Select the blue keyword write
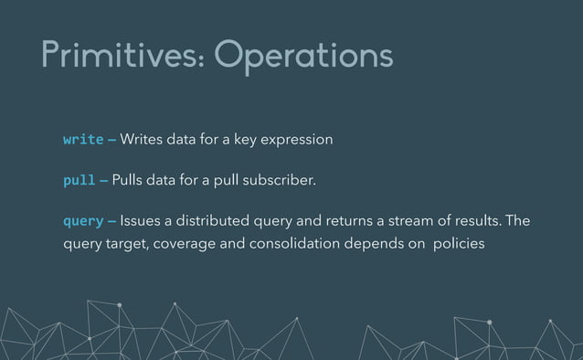point(82,140)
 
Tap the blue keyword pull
point(79,181)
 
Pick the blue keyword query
point(82,222)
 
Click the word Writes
point(141,140)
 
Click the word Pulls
point(131,180)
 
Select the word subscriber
point(280,180)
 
